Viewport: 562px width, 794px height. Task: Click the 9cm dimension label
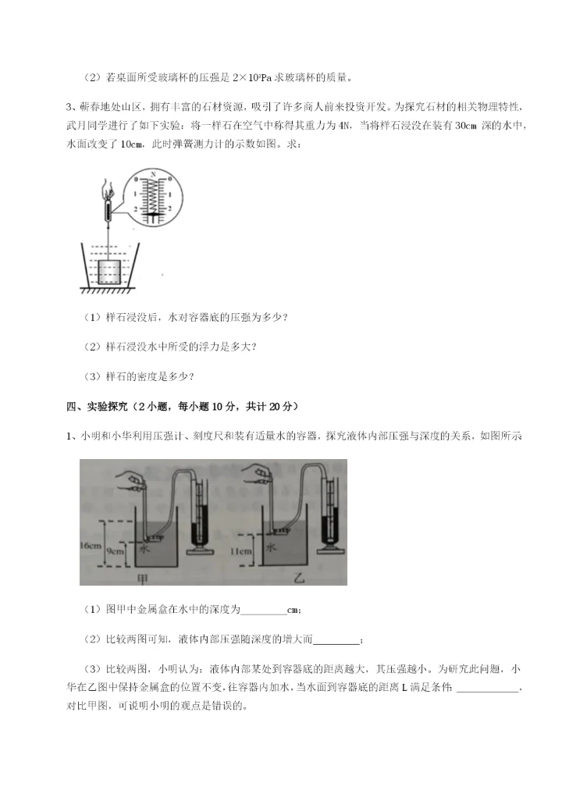tap(116, 551)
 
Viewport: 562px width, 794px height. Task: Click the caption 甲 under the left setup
tap(141, 578)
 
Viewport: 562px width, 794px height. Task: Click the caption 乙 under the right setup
tap(277, 578)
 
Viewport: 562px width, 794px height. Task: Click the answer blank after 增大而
tap(337, 639)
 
